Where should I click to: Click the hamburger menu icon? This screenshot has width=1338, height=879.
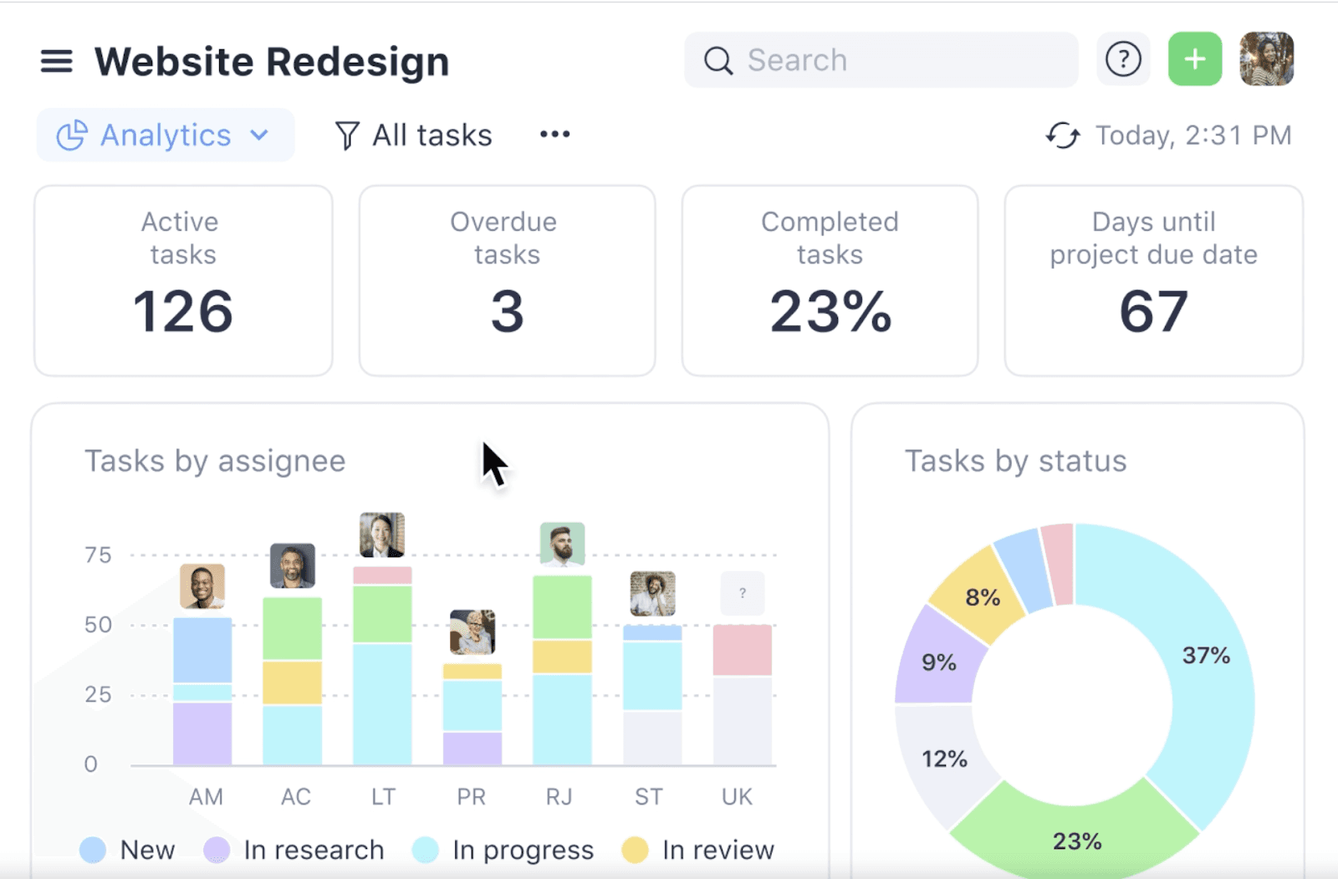coord(56,61)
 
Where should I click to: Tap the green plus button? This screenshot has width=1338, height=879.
coord(1194,59)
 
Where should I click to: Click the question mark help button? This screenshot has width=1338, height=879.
coord(1122,59)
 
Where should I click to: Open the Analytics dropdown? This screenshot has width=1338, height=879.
coord(165,135)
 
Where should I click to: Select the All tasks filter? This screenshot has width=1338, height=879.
coord(414,135)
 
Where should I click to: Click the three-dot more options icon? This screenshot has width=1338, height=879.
coord(554,135)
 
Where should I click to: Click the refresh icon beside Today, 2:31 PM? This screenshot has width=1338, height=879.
coord(1062,135)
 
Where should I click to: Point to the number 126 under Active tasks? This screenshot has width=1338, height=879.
coord(183,312)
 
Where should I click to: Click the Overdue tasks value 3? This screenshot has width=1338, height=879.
coord(507,312)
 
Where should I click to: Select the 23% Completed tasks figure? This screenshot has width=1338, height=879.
coord(830,312)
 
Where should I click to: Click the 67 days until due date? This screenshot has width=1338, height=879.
coord(1153,312)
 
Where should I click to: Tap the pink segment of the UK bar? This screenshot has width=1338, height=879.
coord(742,650)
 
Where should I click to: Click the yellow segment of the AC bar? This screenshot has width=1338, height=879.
coord(292,682)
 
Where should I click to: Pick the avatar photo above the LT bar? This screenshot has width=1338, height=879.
coord(382,535)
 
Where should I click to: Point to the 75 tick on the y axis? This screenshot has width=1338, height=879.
coord(98,555)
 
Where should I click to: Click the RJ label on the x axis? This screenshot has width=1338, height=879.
coord(559,797)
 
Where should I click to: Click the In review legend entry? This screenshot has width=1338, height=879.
coord(699,850)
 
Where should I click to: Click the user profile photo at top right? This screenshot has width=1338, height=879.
coord(1266,59)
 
